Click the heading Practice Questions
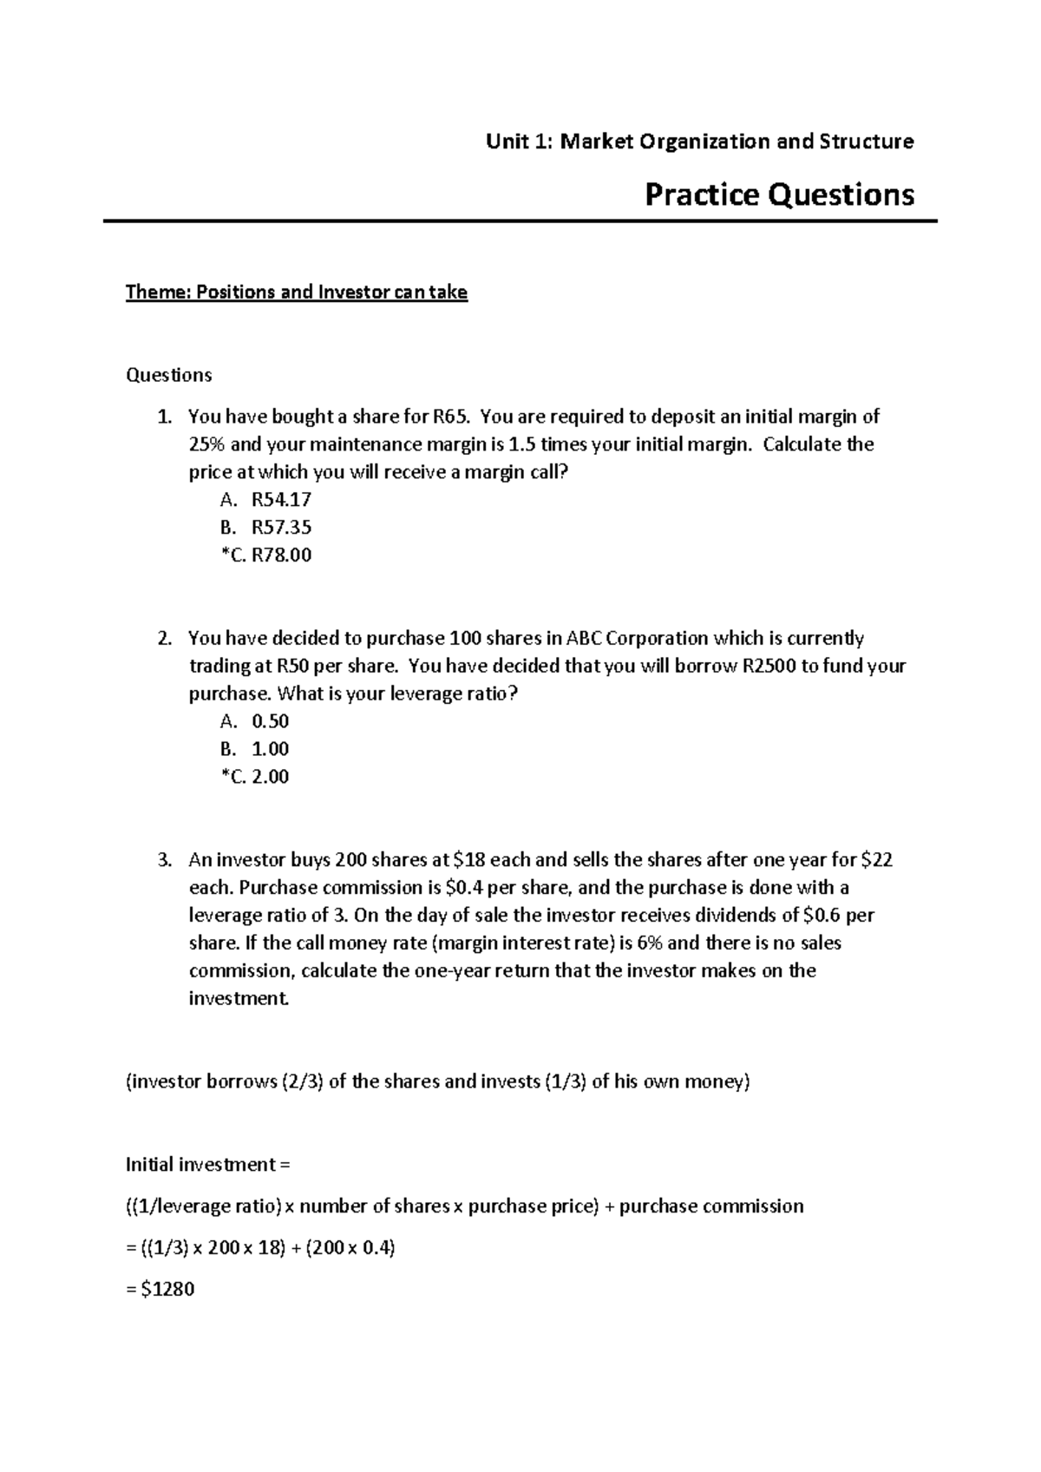tap(779, 194)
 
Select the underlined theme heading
tap(297, 292)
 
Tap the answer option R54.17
tap(281, 500)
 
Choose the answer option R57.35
tap(281, 528)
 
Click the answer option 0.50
tap(270, 721)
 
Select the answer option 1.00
tap(270, 749)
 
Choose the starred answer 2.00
tap(270, 777)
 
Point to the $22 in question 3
tap(876, 860)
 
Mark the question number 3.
tap(164, 860)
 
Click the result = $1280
tap(160, 1290)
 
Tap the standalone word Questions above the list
tap(169, 375)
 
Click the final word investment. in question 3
tap(238, 999)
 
